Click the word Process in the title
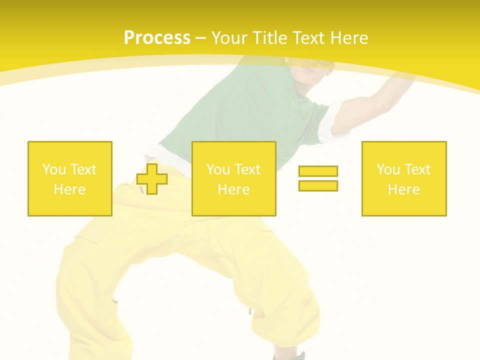click(157, 38)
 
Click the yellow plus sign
click(152, 179)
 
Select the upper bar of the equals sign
click(318, 171)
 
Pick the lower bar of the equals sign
click(318, 185)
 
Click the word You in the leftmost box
click(53, 169)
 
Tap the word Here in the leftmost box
click(70, 189)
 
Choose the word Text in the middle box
click(247, 169)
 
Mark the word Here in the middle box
click(234, 189)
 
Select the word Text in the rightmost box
click(417, 169)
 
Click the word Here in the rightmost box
click(404, 189)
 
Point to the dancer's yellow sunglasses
click(320, 64)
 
